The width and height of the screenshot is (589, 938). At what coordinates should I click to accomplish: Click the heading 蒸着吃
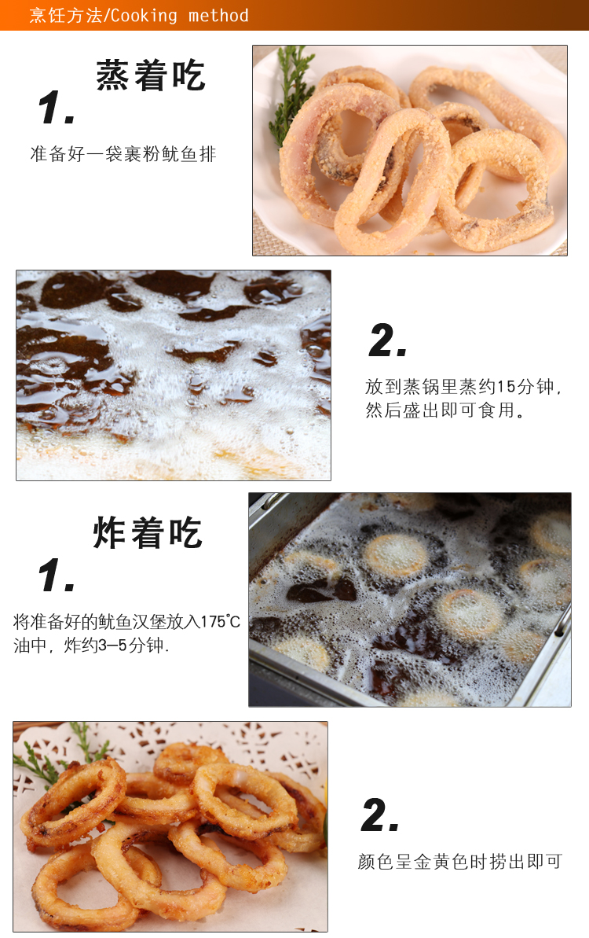point(151,75)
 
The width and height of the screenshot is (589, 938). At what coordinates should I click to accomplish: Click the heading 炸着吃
point(148,532)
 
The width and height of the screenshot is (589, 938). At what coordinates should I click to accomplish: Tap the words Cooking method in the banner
point(179,15)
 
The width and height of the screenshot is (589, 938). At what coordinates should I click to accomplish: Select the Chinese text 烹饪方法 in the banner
point(66,15)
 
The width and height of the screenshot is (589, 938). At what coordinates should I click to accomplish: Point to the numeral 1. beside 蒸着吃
point(57,108)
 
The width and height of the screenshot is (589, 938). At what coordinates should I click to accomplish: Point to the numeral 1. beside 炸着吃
point(57,576)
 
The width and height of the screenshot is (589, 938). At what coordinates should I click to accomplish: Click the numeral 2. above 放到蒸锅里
point(388,340)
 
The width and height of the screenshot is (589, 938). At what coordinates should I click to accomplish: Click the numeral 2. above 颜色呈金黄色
point(380,815)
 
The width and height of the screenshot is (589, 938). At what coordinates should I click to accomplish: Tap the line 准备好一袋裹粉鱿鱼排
point(123,154)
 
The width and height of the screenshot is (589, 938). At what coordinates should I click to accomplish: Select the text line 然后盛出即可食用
point(445,410)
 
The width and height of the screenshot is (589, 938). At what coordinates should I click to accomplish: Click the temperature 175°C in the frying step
point(220,622)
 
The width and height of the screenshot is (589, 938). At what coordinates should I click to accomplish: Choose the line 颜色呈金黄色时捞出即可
point(460,862)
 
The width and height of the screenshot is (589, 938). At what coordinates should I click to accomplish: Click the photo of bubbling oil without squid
point(174,375)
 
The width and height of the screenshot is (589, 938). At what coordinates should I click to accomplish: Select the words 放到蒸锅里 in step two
point(412,387)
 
